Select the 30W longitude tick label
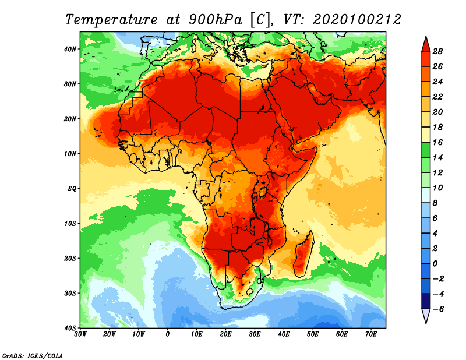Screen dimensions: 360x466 click(x=81, y=334)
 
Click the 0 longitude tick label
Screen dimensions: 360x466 click(x=168, y=334)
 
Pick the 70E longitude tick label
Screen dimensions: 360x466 click(x=370, y=334)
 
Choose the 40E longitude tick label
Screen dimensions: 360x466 click(x=284, y=334)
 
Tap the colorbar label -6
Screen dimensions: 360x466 click(x=438, y=309)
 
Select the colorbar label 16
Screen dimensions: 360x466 click(x=439, y=142)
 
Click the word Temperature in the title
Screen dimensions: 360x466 click(x=110, y=19)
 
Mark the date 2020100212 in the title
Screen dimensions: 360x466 click(x=356, y=19)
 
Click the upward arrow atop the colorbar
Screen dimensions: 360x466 click(x=425, y=43)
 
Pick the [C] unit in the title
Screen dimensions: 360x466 click(x=260, y=19)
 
